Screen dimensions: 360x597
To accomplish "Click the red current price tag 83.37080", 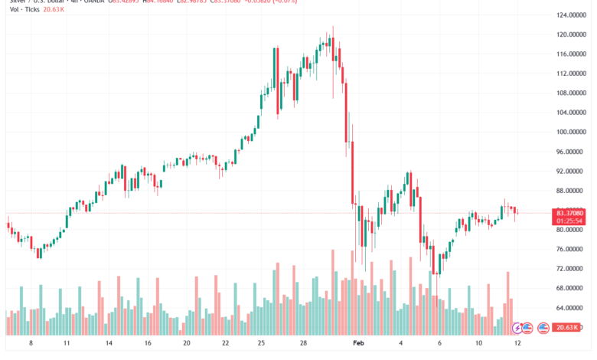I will click(570, 212).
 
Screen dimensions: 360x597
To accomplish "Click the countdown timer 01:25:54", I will click(570, 221).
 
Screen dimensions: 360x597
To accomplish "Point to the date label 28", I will click(304, 345).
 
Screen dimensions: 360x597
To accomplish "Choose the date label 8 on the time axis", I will click(31, 345).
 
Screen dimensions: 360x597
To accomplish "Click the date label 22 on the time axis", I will click(225, 345).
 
